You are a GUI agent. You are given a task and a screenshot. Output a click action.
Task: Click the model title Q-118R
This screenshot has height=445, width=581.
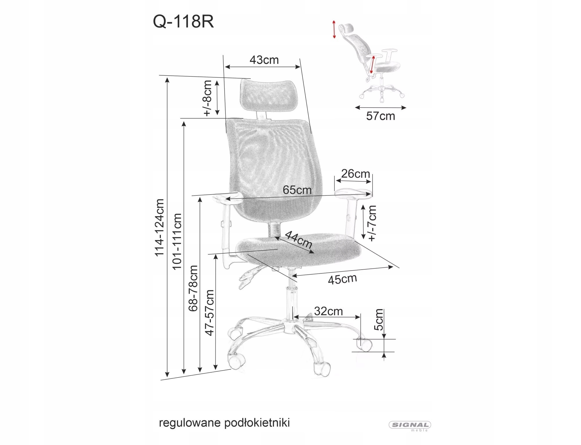pos(183,22)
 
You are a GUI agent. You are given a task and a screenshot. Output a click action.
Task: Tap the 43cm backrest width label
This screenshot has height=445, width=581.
pos(264,60)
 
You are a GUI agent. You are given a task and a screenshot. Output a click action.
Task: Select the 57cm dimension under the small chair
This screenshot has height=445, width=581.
pos(381,116)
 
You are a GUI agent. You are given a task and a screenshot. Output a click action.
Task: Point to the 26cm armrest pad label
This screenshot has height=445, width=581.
pos(355,174)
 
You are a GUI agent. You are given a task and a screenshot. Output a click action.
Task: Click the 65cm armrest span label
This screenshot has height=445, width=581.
pos(297,190)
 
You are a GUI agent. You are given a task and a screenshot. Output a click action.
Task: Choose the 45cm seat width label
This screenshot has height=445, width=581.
pos(342,279)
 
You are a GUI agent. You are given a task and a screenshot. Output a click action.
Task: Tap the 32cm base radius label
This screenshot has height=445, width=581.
pos(329,311)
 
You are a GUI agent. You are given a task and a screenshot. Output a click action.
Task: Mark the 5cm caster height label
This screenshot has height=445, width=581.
pos(379,320)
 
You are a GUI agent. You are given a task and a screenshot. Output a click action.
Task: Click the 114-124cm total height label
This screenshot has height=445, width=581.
pos(159,227)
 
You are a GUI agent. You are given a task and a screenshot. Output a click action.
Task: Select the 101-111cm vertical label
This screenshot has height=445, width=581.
pos(177,242)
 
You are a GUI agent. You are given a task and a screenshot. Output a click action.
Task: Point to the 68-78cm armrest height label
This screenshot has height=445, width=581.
pos(193,288)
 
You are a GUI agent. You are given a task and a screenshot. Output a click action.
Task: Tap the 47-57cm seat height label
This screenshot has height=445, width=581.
pos(209,313)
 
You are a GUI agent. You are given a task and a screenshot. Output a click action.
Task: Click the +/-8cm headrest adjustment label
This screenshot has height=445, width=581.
pos(207,98)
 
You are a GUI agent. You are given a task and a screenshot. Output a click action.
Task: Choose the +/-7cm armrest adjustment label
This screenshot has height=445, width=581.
pos(372,223)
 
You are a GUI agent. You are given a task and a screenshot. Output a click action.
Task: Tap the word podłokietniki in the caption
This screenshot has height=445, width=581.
pos(257,423)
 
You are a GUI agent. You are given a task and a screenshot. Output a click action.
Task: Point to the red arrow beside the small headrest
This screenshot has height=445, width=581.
pos(334,29)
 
